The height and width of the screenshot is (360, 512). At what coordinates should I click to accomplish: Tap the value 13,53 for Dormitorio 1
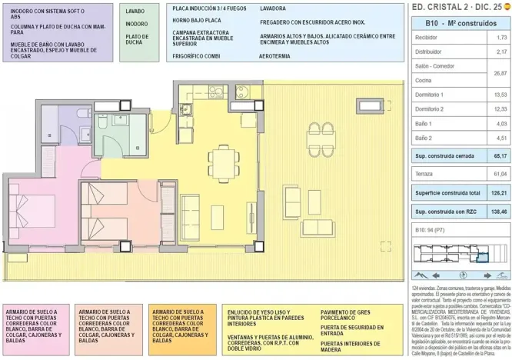tap(501, 95)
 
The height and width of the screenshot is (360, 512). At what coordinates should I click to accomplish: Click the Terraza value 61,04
tap(501, 174)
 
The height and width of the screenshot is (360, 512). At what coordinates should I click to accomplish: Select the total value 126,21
tap(499, 192)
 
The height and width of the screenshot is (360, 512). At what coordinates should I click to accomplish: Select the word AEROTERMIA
tap(278, 57)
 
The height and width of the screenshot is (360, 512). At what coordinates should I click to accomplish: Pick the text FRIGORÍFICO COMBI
tap(198, 57)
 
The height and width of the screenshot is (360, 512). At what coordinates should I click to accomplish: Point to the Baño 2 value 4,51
tap(501, 138)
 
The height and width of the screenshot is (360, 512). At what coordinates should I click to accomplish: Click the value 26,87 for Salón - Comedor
tap(501, 73)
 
